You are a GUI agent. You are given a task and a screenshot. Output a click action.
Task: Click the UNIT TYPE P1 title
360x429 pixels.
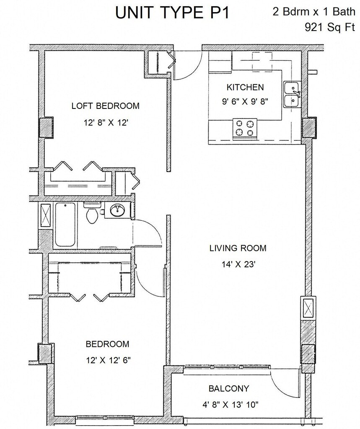coord(172,13)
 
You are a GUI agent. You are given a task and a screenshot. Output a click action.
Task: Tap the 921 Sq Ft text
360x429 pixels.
coord(329,27)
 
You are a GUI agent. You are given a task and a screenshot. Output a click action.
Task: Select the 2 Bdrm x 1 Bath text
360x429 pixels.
coord(314,12)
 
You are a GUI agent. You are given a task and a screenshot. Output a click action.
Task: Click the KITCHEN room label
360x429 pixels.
coord(245,87)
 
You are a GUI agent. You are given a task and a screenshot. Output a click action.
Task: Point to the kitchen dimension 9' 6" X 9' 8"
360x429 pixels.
coord(245,101)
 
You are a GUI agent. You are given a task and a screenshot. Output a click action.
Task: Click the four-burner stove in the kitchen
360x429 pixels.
coord(245,129)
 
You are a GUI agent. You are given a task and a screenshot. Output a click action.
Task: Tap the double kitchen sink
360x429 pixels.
coord(292,94)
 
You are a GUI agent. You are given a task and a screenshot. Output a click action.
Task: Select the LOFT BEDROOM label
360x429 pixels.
coord(105,106)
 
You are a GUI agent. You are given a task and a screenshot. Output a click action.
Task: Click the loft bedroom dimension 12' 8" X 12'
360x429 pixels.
coord(106,123)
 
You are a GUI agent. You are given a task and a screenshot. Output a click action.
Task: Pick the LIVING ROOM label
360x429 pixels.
coord(238,248)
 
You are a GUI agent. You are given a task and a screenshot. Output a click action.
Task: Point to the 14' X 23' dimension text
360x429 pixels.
coord(238,264)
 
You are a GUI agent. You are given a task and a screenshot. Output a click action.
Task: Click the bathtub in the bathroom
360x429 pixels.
coord(65,225)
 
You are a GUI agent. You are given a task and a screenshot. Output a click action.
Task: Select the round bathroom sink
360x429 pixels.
coord(118,210)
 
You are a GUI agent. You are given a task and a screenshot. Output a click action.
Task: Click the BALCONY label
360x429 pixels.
coord(228,388)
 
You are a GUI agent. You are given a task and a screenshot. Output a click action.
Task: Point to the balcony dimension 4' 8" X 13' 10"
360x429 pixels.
coord(230,405)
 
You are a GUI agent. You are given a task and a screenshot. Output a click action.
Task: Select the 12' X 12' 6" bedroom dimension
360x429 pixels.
coord(108,360)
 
